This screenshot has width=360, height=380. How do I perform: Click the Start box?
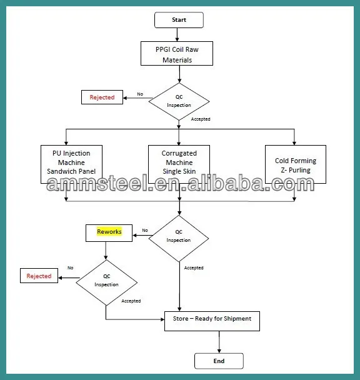pyautogui.click(x=179, y=20)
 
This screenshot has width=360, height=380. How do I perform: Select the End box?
pyautogui.click(x=219, y=361)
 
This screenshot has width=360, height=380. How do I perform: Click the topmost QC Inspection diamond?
pyautogui.click(x=179, y=101)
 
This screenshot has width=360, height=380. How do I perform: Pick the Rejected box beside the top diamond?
pyautogui.click(x=102, y=97)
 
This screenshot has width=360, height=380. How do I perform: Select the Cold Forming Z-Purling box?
pyautogui.click(x=296, y=164)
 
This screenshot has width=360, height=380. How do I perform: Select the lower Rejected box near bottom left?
pyautogui.click(x=39, y=276)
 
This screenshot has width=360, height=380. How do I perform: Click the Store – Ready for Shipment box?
pyautogui.click(x=212, y=320)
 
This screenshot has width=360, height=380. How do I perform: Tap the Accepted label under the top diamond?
pyautogui.click(x=200, y=119)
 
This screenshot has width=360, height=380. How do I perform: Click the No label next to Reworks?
pyautogui.click(x=145, y=230)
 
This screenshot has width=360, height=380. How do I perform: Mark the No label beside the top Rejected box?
pyautogui.click(x=140, y=94)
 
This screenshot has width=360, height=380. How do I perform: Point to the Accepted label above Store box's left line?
pyautogui.click(x=131, y=301)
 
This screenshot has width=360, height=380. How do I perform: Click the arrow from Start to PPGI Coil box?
pyautogui.click(x=179, y=35)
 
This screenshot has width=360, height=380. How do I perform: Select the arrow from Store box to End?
pyautogui.click(x=219, y=342)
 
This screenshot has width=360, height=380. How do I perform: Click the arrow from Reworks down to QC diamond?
pyautogui.click(x=106, y=250)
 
